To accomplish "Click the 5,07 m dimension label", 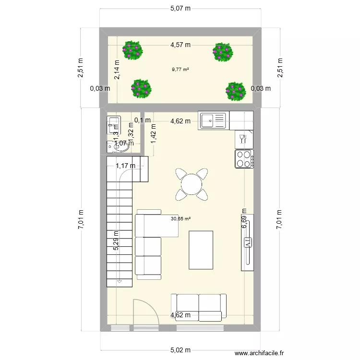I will [x=180, y=8].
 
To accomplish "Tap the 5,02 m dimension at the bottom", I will [x=180, y=350].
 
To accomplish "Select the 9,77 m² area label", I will [x=180, y=69].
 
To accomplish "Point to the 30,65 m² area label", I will [x=180, y=219].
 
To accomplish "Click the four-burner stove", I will [x=244, y=159].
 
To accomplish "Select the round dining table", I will [x=192, y=184].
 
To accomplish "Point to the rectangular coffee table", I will [x=201, y=250].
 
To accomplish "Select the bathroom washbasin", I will [x=120, y=148].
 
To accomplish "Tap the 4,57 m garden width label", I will [x=180, y=45].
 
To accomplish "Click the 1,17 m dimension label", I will [x=125, y=166].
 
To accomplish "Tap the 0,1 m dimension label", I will [x=143, y=120].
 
